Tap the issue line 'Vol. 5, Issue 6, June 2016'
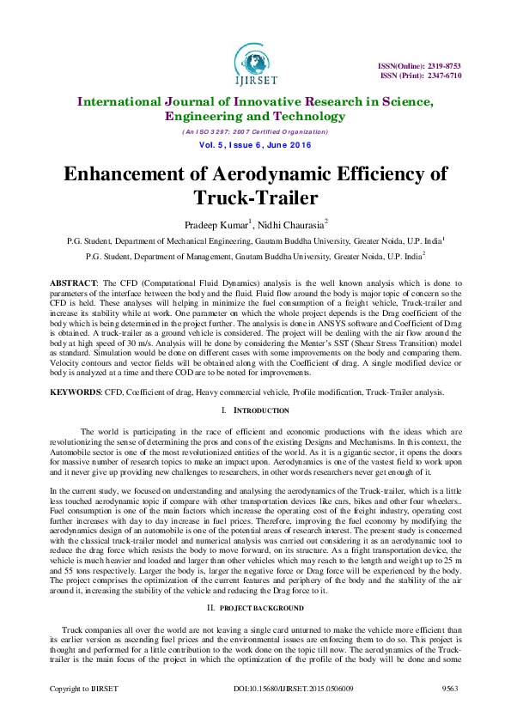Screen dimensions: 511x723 coord(255,147)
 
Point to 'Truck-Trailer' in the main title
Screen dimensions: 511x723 coord(255,198)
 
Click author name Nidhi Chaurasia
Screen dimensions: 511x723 coord(288,226)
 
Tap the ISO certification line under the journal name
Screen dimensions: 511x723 coord(255,132)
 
